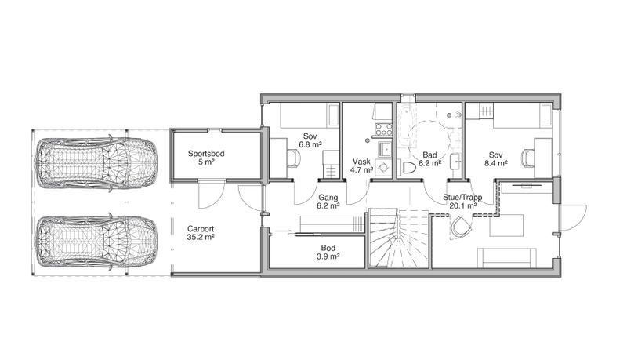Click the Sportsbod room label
(206, 154)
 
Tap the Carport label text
(201, 229)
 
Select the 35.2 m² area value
(201, 237)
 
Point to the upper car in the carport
(96, 164)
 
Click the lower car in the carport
(96, 243)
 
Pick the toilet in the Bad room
(407, 168)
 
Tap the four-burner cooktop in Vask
(383, 129)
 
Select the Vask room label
(361, 162)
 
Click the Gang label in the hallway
(328, 198)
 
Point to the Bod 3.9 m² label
(328, 252)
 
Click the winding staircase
(398, 237)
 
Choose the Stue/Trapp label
(462, 198)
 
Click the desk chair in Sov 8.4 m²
(528, 157)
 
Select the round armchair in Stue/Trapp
(460, 227)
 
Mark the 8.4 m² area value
(496, 163)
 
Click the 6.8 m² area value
(310, 144)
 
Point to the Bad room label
(429, 155)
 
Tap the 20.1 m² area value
(462, 206)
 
